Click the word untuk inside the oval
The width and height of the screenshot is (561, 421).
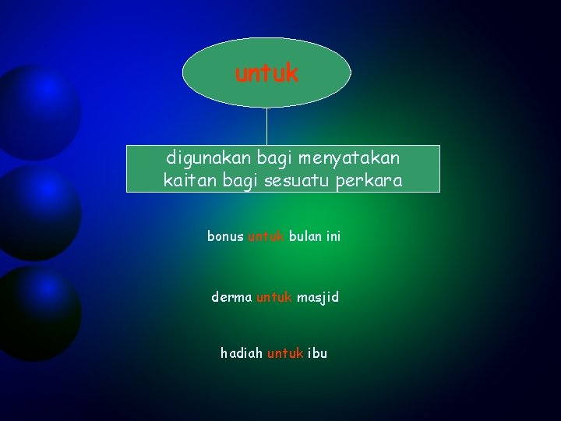266,74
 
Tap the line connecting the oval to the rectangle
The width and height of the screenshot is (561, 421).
267,126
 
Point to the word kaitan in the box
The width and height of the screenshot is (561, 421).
187,181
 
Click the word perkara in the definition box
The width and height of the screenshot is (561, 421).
377,181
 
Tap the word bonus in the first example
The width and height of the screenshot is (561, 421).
225,235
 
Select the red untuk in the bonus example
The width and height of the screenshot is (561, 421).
266,235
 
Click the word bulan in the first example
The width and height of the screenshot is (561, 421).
305,235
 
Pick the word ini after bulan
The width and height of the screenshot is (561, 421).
333,235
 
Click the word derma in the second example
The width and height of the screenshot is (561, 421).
231,297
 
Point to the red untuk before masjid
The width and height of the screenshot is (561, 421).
273,297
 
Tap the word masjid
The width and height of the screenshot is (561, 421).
317,297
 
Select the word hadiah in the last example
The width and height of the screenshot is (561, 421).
242,353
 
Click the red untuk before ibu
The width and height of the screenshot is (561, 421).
285,353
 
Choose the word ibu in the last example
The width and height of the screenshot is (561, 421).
318,353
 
